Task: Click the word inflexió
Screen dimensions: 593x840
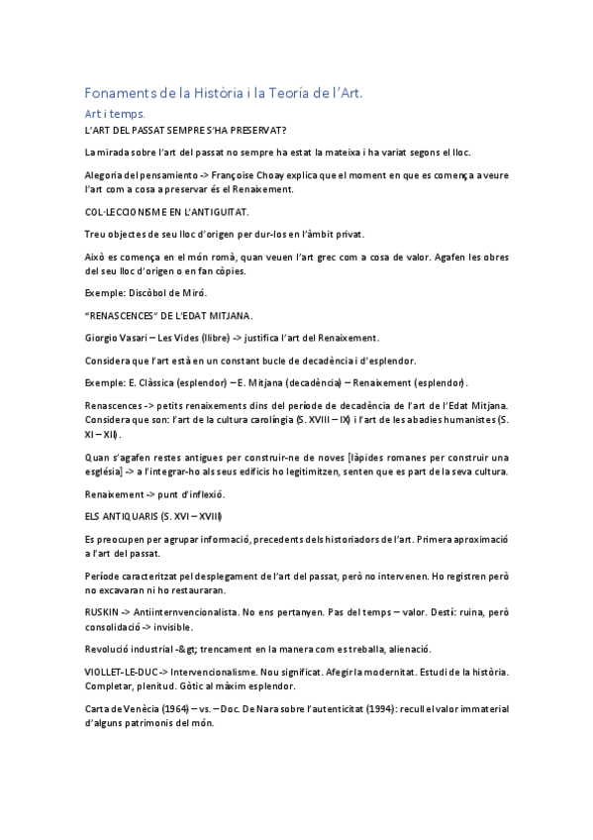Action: click(205, 493)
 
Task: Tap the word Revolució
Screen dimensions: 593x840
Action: click(111, 649)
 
